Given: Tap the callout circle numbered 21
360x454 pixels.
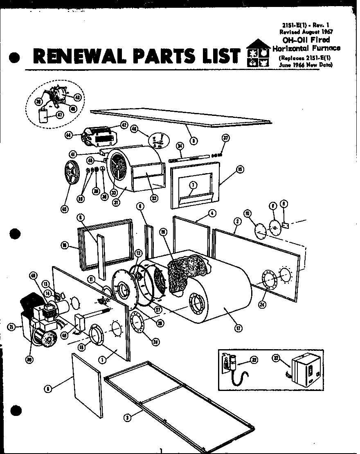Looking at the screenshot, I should (x=11, y=327).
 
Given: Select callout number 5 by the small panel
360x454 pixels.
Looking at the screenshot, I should (x=48, y=389).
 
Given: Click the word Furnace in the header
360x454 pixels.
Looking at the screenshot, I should (x=325, y=48).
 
